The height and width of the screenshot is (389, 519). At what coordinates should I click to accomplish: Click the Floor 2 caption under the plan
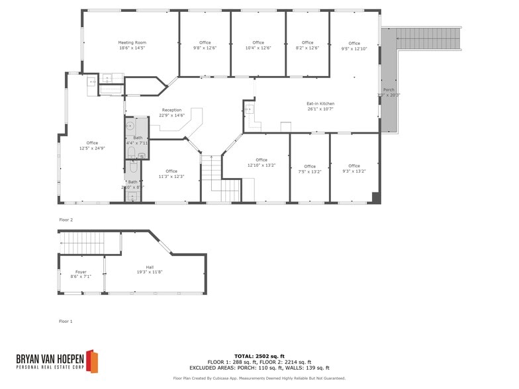pyautogui.click(x=66, y=220)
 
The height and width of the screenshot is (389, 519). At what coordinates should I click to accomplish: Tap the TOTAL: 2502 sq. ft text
pyautogui.click(x=259, y=357)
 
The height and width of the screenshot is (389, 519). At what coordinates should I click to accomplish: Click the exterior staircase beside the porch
pyautogui.click(x=428, y=39)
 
